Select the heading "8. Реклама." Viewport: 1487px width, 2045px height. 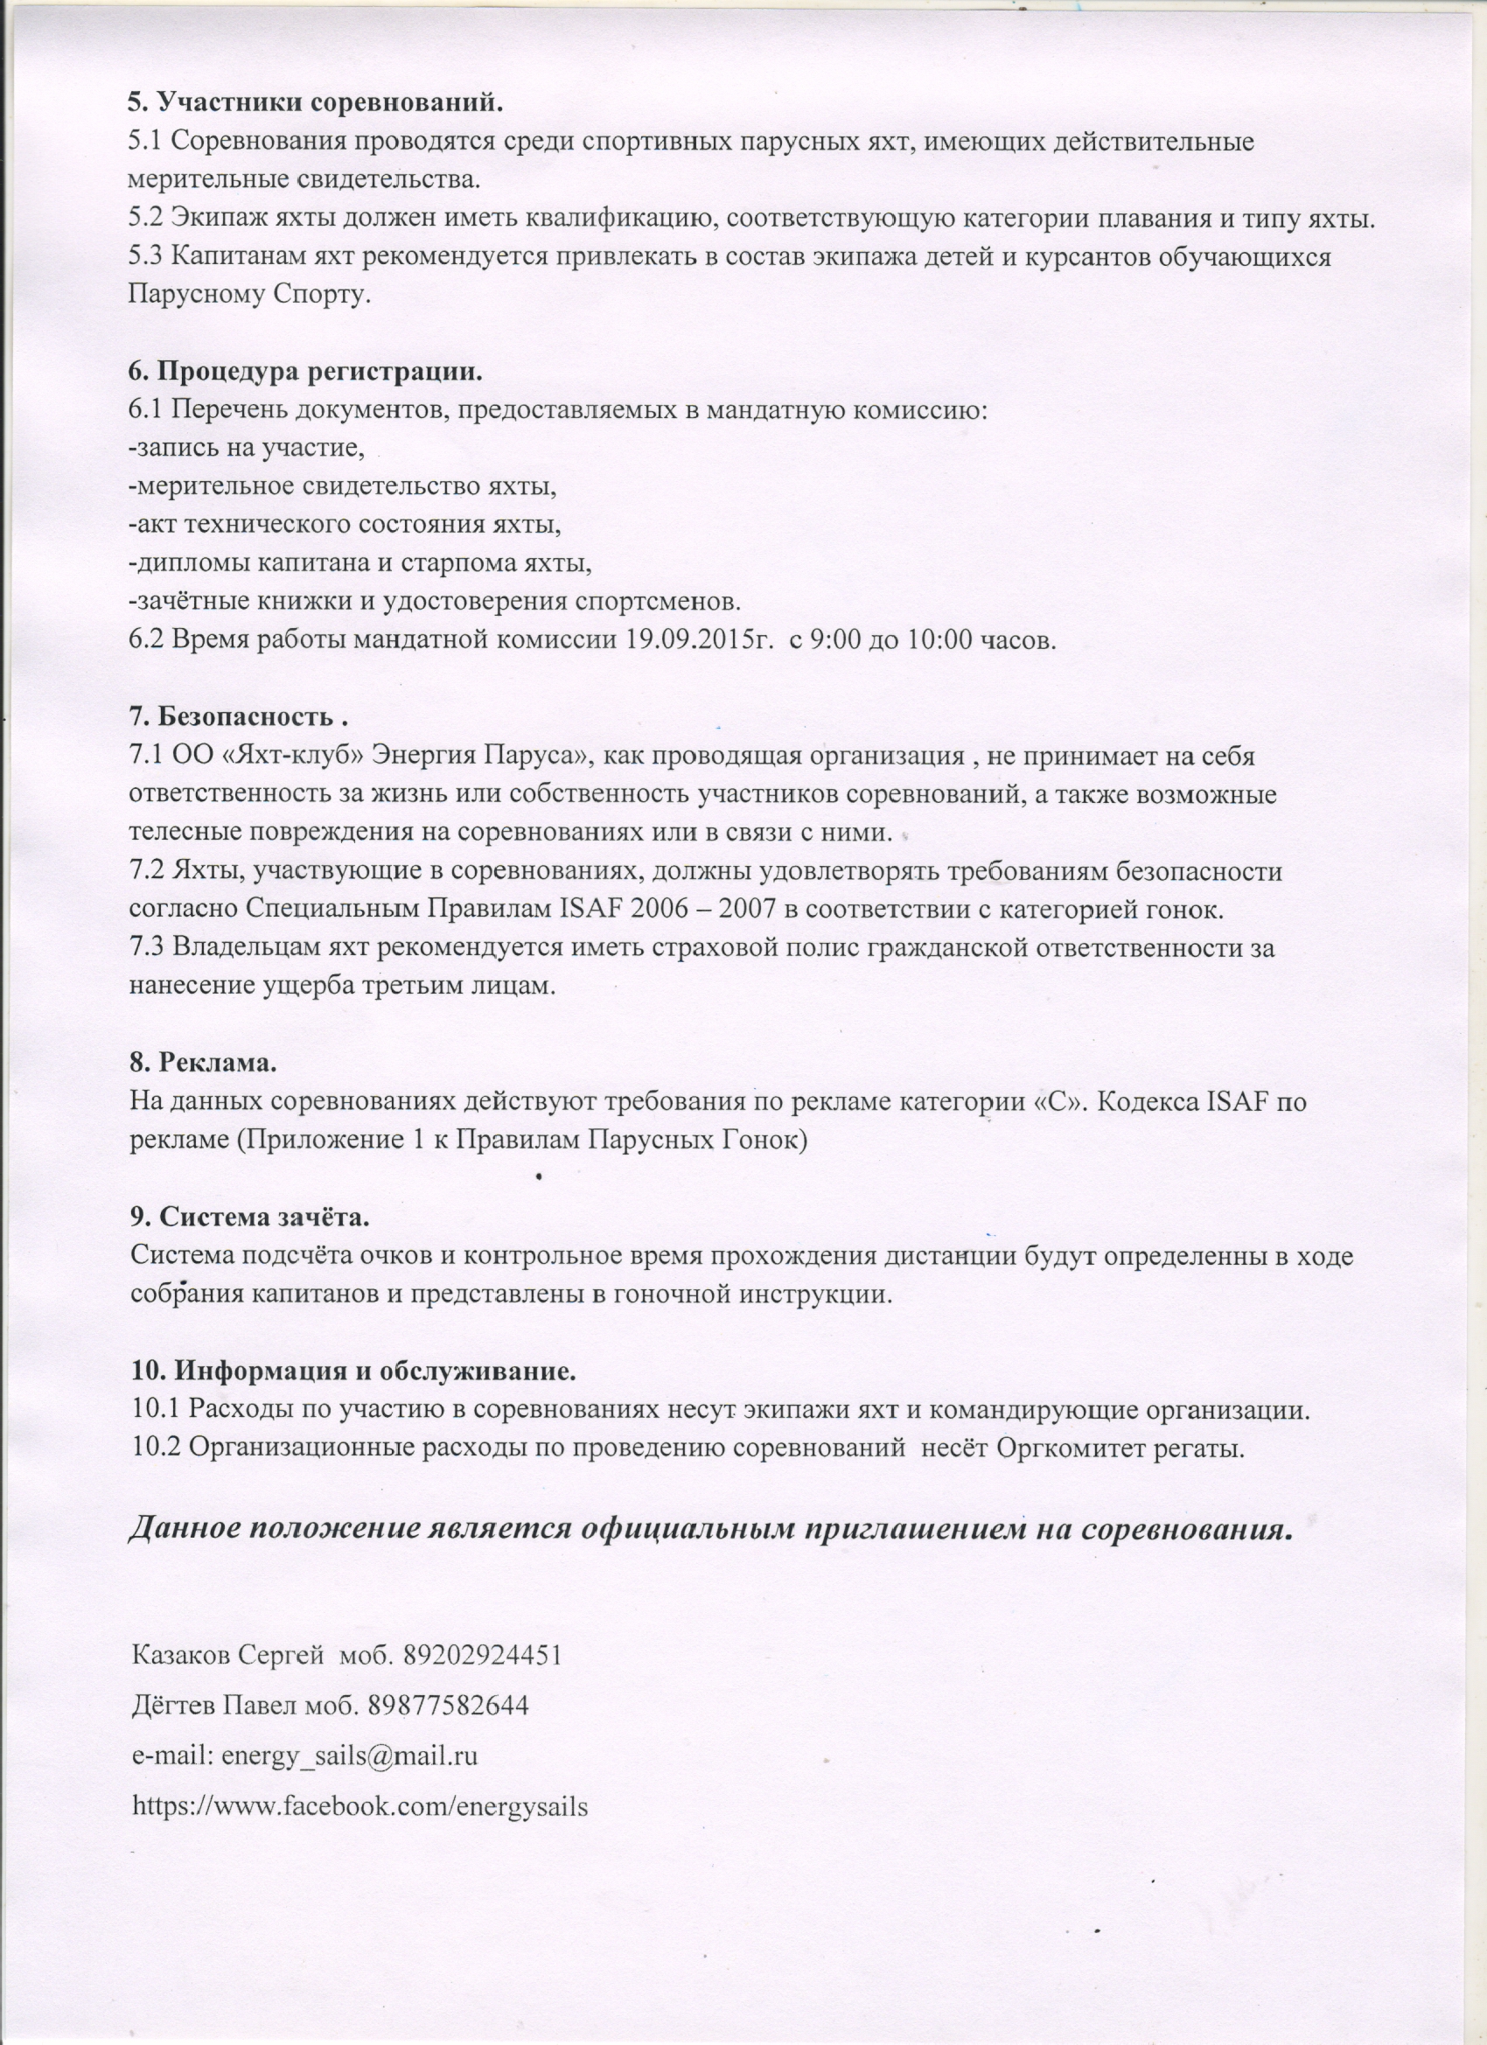pos(204,1062)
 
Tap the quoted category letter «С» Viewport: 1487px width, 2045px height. pos(1059,1101)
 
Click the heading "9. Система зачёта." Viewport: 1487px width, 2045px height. pos(251,1216)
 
